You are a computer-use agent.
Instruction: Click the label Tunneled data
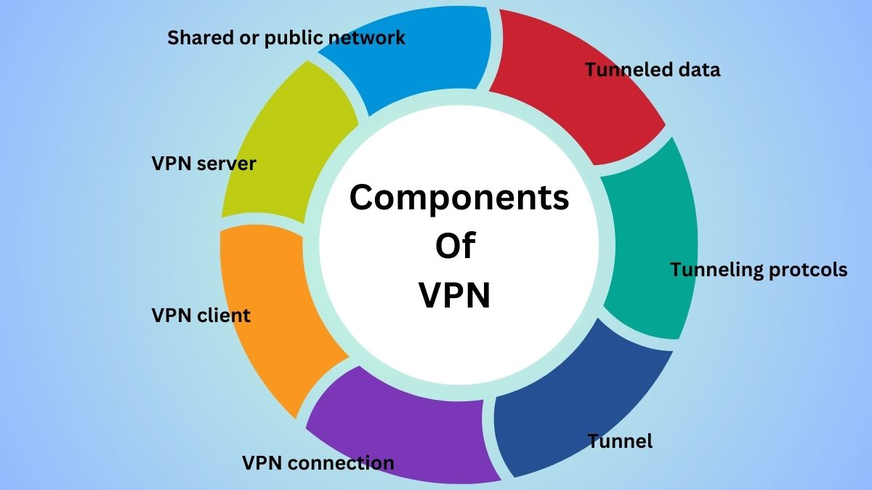point(653,70)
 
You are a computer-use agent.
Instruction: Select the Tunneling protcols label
point(758,270)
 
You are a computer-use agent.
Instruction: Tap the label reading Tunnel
point(620,441)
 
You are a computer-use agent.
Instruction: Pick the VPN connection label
point(318,463)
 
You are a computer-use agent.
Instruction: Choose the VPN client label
point(201,316)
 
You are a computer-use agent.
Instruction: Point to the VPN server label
point(203,164)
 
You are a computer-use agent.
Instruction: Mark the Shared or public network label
point(286,38)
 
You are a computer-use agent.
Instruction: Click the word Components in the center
point(459,198)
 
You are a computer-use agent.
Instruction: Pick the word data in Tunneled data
point(697,70)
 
